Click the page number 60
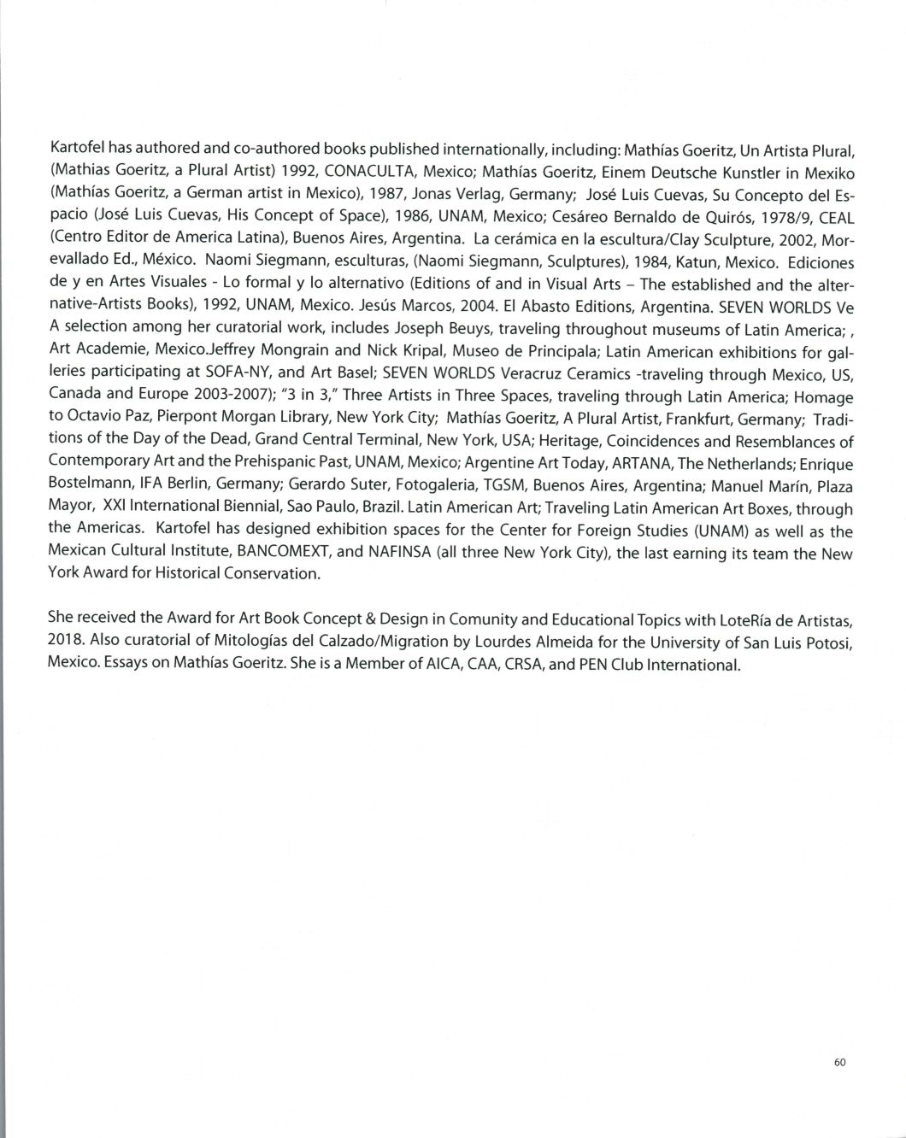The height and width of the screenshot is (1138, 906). point(838,1062)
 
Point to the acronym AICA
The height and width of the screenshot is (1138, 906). point(449,664)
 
